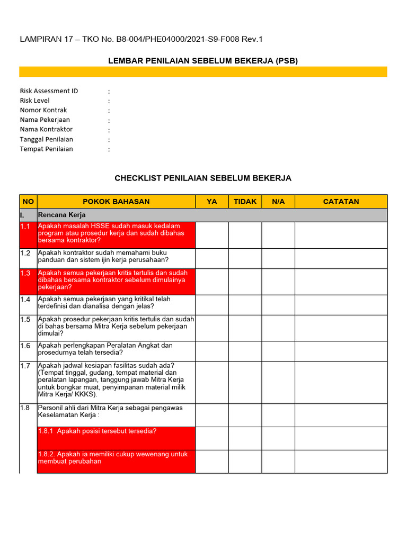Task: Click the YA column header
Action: point(212,202)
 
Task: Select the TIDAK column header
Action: point(245,202)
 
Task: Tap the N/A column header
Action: point(278,202)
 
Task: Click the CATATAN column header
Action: point(341,202)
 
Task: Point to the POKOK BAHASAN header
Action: point(116,202)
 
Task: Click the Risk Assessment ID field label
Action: point(49,91)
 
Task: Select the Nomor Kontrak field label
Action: point(43,110)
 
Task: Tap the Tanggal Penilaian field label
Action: point(47,139)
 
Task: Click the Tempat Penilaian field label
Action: point(47,149)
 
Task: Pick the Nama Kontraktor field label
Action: point(46,129)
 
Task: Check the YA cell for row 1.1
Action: point(212,235)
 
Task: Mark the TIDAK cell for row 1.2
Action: point(245,258)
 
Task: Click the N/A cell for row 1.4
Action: point(278,305)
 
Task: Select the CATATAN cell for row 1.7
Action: point(341,383)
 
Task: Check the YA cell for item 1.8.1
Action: point(212,438)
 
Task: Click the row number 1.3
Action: point(25,274)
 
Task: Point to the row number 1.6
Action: point(25,346)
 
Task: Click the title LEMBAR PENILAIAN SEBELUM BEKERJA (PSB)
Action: point(203,61)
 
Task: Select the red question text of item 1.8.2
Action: point(113,458)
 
